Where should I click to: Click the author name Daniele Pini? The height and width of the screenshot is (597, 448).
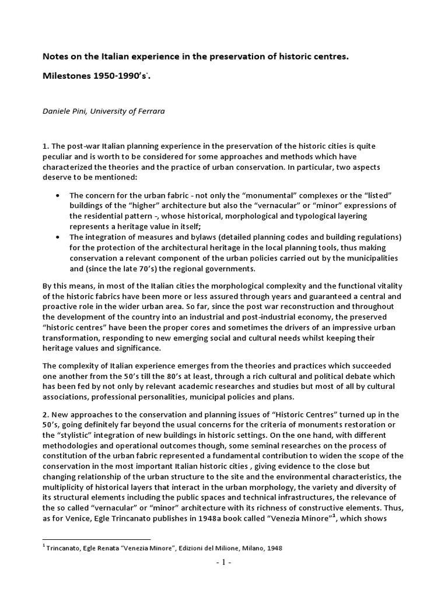66,111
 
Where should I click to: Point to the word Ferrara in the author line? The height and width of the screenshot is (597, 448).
150,111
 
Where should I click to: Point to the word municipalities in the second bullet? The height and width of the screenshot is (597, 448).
367,258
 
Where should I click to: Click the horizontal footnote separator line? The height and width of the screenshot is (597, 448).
96,539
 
